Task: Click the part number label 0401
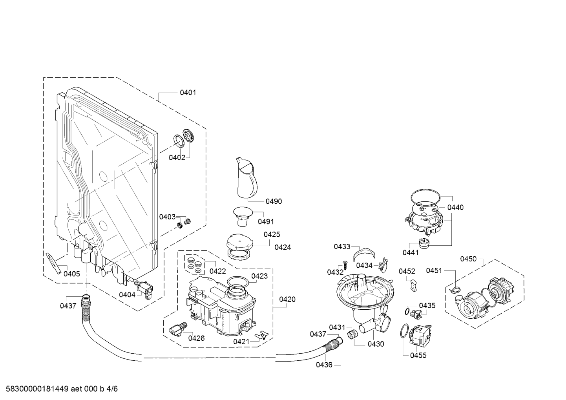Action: (x=188, y=93)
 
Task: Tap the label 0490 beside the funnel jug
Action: (x=274, y=201)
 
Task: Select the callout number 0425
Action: (x=272, y=234)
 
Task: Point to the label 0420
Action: (x=287, y=300)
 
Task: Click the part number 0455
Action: (x=418, y=356)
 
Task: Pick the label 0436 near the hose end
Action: (x=324, y=365)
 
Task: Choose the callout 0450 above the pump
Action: (x=468, y=259)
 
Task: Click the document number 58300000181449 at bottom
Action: (x=37, y=389)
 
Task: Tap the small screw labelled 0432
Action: (x=344, y=265)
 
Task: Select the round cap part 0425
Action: (x=240, y=241)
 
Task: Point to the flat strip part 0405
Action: (x=54, y=263)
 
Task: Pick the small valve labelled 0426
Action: (x=178, y=329)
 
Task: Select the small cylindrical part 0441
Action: (x=425, y=243)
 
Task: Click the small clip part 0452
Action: (x=413, y=286)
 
